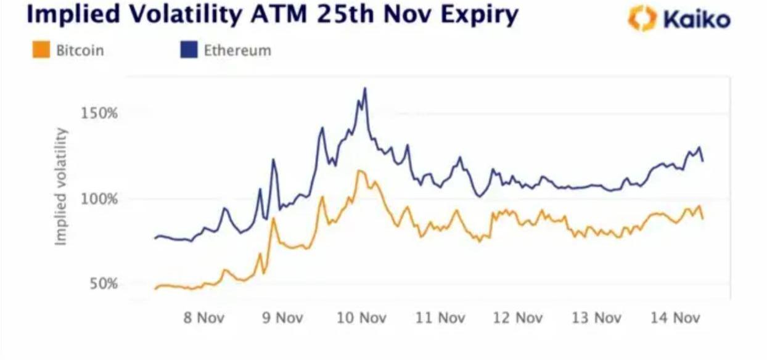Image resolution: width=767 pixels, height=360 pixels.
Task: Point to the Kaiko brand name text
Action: [x=697, y=20]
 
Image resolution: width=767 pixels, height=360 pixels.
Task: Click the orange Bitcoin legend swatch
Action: [x=41, y=50]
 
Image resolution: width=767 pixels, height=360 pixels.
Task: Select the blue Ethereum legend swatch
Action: [x=188, y=50]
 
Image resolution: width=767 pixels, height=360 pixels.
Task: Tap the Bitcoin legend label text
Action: [x=80, y=51]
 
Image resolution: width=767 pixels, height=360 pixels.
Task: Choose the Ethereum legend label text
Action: [x=237, y=51]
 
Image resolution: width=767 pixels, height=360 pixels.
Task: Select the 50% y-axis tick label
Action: [x=102, y=284]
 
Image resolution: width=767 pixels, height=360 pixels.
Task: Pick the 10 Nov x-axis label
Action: [x=363, y=318]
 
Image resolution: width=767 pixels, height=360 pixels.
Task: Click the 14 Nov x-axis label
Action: [x=677, y=318]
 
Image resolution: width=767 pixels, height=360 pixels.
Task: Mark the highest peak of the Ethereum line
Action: [x=365, y=88]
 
